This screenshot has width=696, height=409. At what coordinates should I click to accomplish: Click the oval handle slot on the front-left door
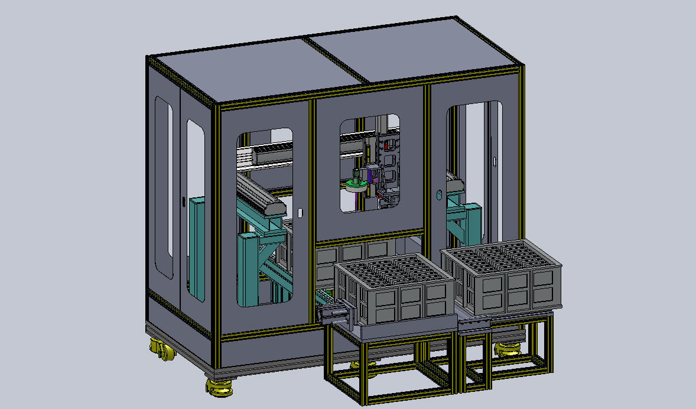coord(300,212)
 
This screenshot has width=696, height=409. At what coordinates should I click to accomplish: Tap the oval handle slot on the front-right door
coord(439,194)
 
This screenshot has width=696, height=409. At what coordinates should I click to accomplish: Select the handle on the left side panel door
coord(183,202)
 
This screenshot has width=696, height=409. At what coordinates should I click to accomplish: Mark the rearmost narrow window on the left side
coord(163,186)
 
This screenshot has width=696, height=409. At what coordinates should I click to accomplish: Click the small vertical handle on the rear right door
coord(494,161)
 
